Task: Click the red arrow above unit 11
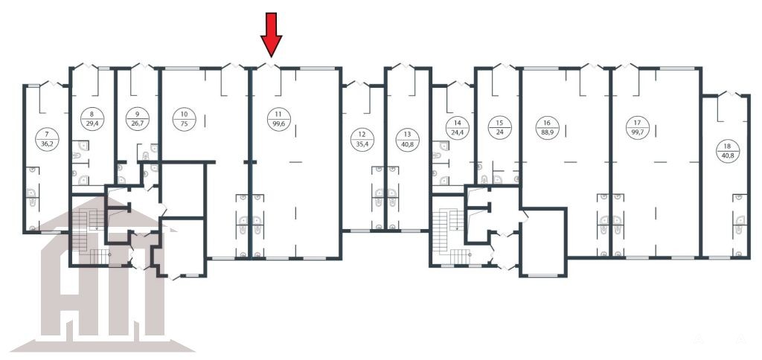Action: [x=271, y=34]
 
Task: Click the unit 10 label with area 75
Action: [x=185, y=120]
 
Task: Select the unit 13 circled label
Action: [x=407, y=140]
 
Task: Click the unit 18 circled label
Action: [x=728, y=151]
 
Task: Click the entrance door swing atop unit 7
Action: [x=51, y=83]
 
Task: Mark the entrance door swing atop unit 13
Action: [x=404, y=65]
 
